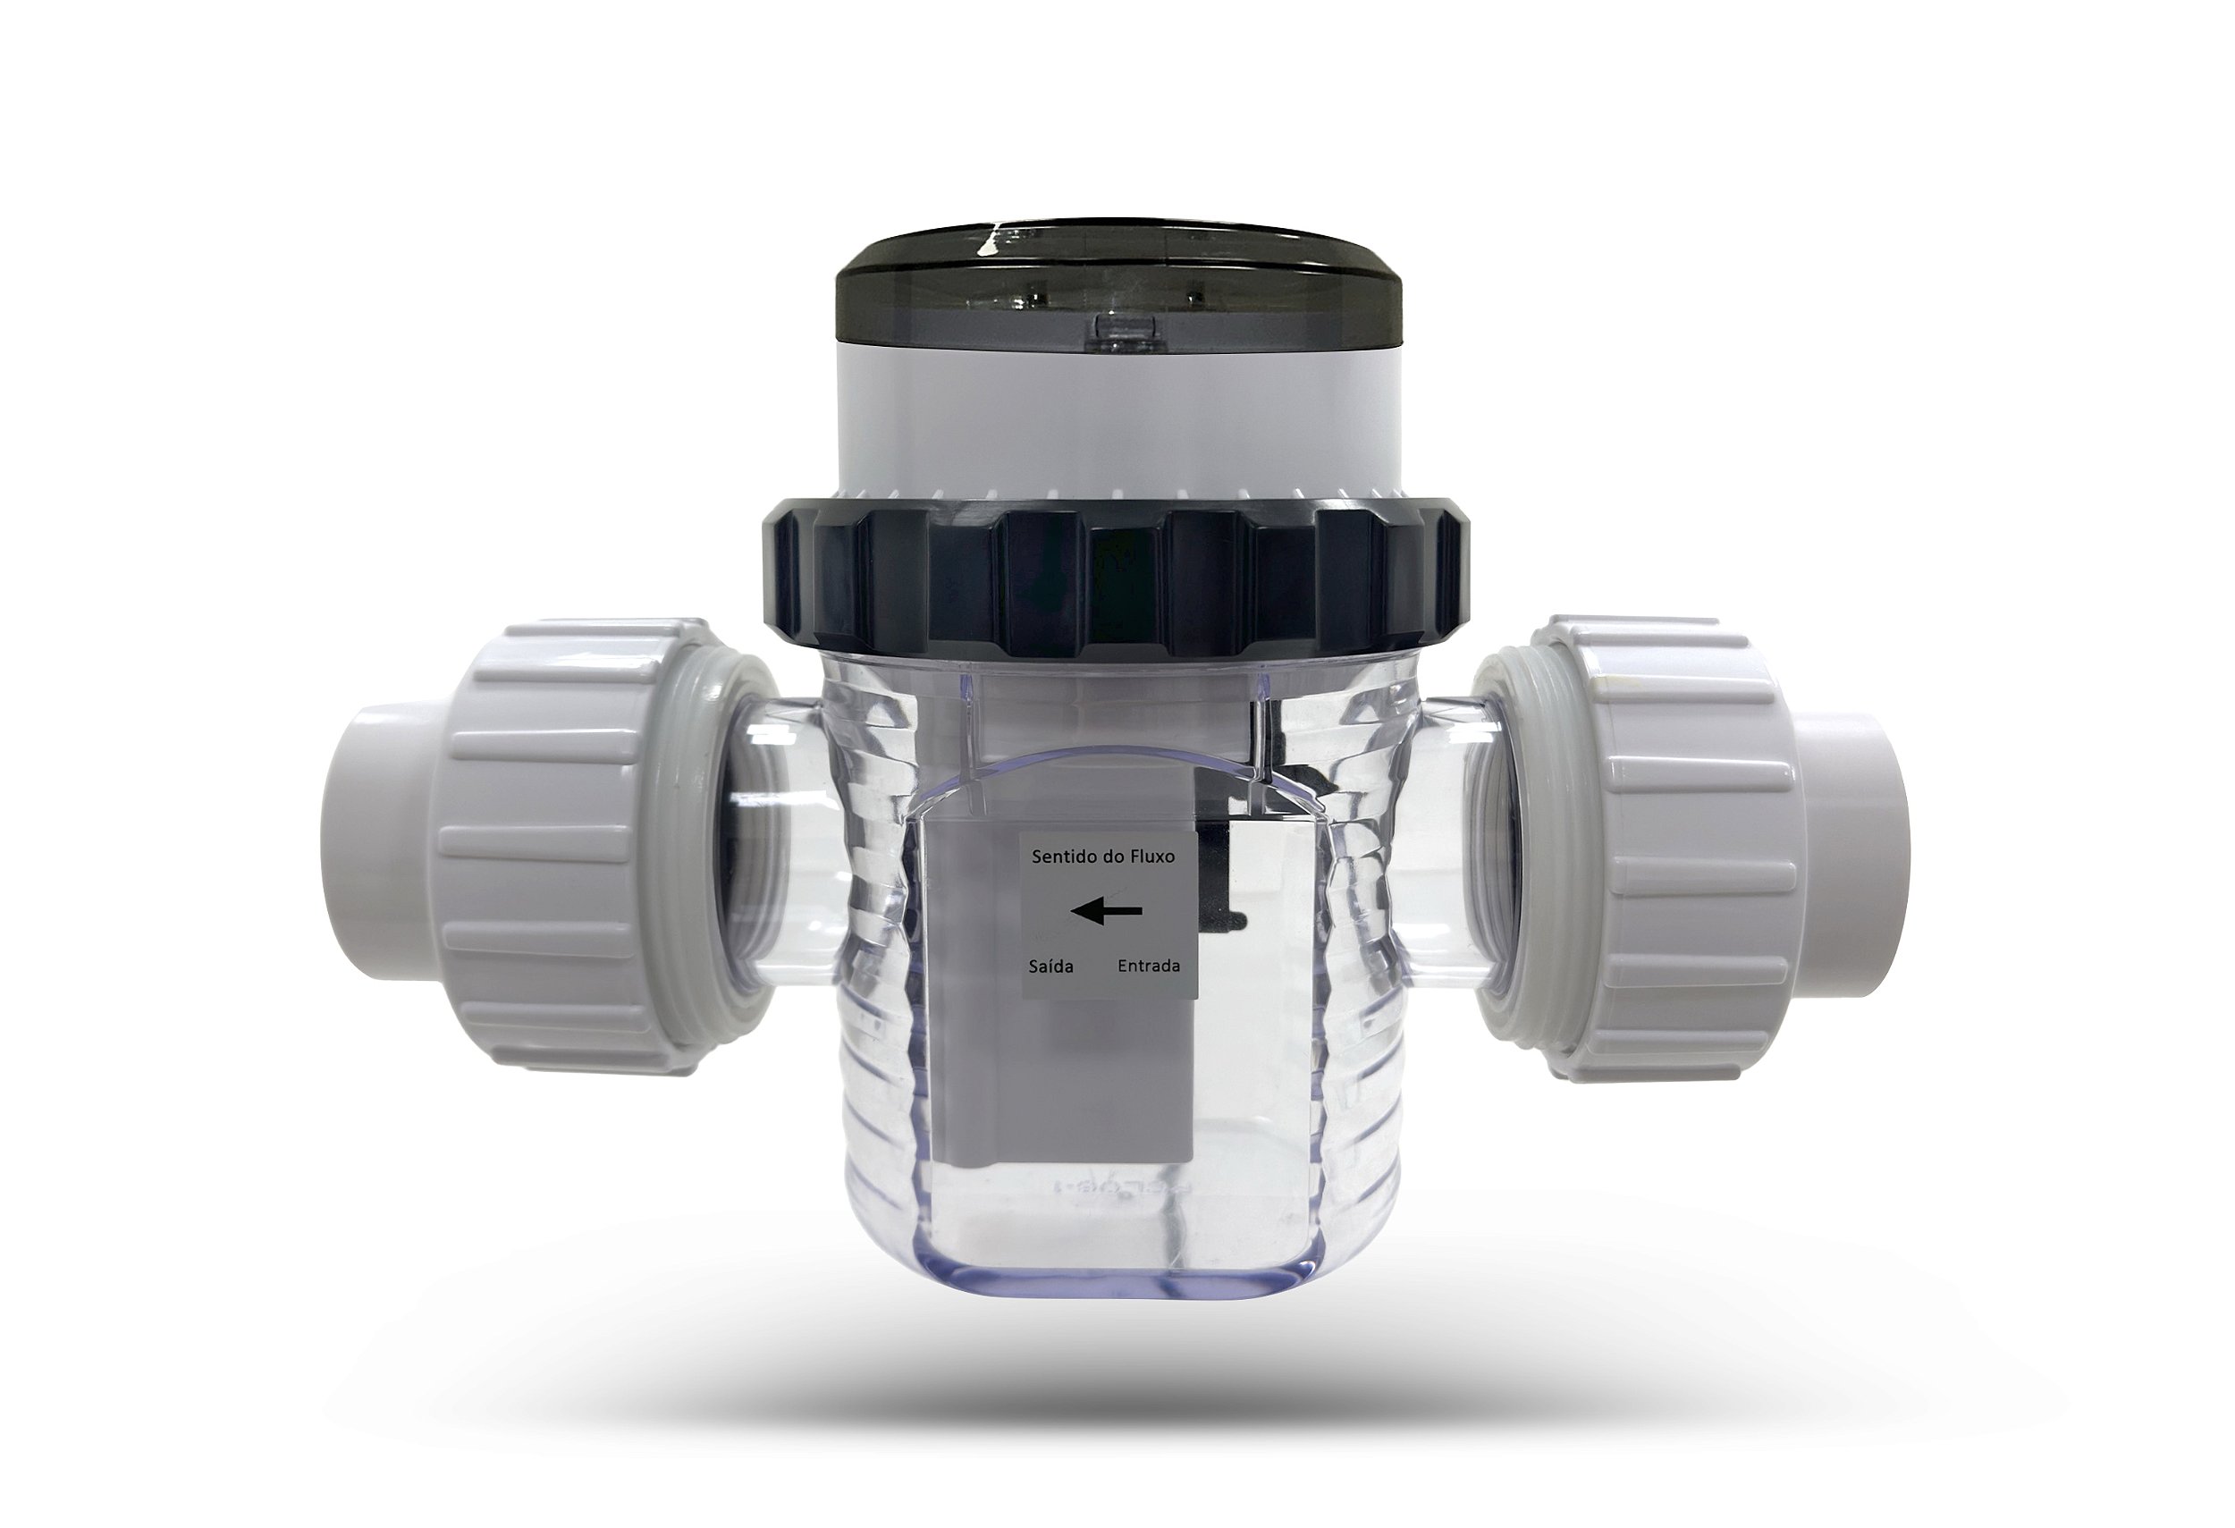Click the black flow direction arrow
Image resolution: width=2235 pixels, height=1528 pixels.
coord(1106,909)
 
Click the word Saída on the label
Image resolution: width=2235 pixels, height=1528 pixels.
coord(1051,966)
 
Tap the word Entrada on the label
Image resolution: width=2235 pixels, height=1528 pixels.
coord(1148,966)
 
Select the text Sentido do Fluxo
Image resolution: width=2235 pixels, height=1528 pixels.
coord(1103,857)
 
